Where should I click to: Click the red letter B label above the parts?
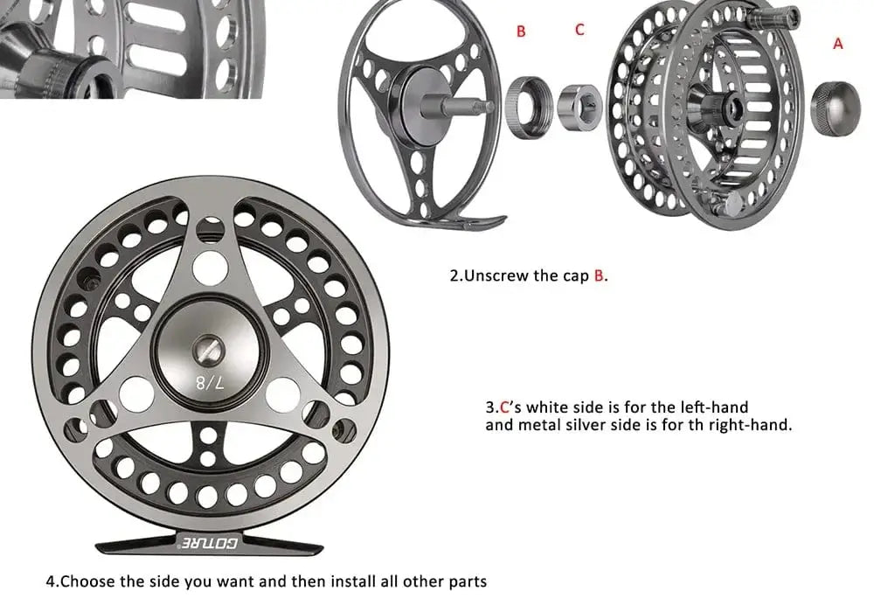[521, 31]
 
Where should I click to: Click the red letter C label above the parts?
[579, 30]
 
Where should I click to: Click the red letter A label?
[838, 43]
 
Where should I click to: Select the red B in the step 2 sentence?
[599, 275]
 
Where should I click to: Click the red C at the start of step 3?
[503, 407]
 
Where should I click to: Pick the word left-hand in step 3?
[719, 407]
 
